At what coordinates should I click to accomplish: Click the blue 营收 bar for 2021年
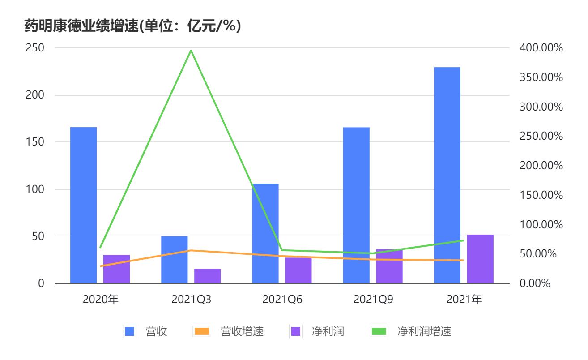447,175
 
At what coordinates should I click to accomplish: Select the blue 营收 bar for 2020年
83,205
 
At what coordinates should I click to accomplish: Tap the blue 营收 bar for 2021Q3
174,260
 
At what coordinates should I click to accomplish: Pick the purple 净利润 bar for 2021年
480,259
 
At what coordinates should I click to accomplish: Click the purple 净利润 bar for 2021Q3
207,276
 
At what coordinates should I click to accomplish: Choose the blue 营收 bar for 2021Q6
265,233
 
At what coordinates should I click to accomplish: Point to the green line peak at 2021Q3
191,51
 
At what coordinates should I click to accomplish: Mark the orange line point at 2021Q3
191,250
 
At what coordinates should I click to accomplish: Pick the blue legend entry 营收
145,332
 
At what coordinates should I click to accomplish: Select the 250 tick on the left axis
34,48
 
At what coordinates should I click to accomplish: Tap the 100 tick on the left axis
34,189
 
